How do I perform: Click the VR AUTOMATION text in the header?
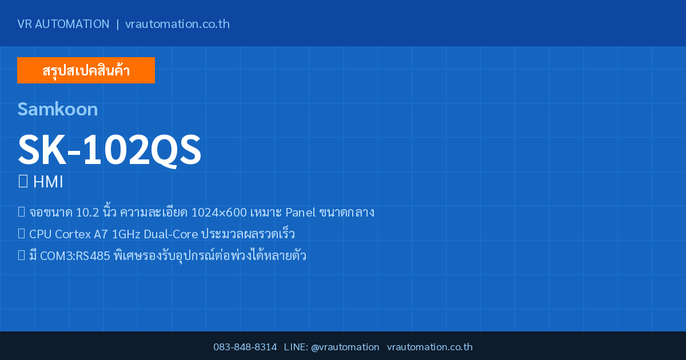point(63,24)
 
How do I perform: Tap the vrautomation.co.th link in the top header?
point(177,24)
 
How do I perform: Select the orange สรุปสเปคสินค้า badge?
point(86,70)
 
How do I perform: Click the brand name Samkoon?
point(58,109)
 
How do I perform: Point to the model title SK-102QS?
point(109,150)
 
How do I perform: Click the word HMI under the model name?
point(48,182)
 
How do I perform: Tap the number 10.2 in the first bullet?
point(87,213)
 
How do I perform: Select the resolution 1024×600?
point(219,213)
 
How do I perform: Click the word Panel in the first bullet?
point(301,213)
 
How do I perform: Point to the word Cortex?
point(73,234)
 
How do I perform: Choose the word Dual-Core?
point(171,234)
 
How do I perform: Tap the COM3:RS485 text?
point(75,255)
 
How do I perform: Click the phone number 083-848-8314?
point(245,347)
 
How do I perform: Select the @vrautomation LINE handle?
point(345,347)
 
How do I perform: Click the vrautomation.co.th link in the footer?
point(430,347)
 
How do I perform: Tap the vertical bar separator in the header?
point(118,24)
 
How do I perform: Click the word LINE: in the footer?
point(296,347)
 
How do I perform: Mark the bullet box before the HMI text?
point(23,181)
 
